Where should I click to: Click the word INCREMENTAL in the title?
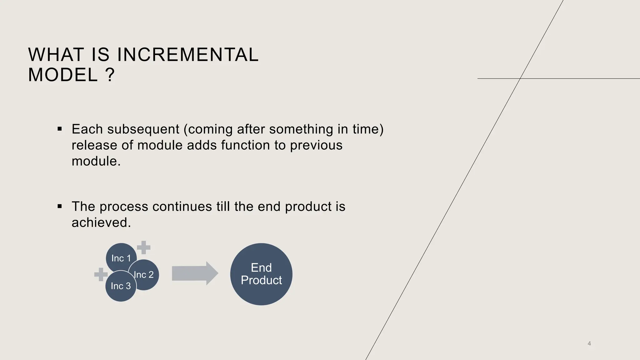pyautogui.click(x=188, y=55)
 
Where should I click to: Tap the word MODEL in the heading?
pyautogui.click(x=63, y=75)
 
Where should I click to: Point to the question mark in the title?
pyautogui.click(x=110, y=75)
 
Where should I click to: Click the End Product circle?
pyautogui.click(x=261, y=274)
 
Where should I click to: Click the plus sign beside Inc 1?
pyautogui.click(x=144, y=247)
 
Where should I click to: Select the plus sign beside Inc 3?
pyautogui.click(x=101, y=275)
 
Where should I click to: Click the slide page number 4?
pyautogui.click(x=589, y=344)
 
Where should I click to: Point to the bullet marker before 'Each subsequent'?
pyautogui.click(x=60, y=129)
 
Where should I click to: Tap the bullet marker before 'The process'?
pyautogui.click(x=60, y=206)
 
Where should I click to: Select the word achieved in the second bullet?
pyautogui.click(x=101, y=222)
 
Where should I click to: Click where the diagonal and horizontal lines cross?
pyautogui.click(x=520, y=78)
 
